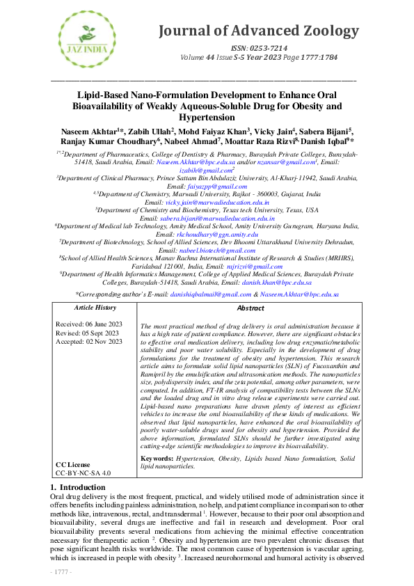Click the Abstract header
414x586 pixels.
[250, 308]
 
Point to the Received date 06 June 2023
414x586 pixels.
[88, 324]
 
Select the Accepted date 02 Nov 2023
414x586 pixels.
[88, 342]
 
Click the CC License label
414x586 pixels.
[74, 464]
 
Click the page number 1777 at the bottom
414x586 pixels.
[62, 571]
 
